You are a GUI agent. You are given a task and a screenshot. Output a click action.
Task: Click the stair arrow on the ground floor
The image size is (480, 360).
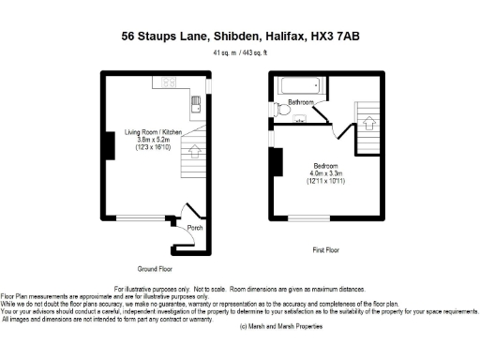tap(195, 147)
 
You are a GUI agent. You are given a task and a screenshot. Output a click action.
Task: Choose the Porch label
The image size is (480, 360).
tap(195, 227)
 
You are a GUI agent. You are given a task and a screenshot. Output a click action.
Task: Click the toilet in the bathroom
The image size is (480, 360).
tap(284, 109)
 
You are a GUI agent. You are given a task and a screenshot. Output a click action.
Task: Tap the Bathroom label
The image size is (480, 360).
tap(301, 101)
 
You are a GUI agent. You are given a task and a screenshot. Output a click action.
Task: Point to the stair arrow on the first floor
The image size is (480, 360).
tap(368, 122)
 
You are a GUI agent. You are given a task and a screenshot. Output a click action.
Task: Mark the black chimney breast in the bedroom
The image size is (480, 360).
tap(277, 162)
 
